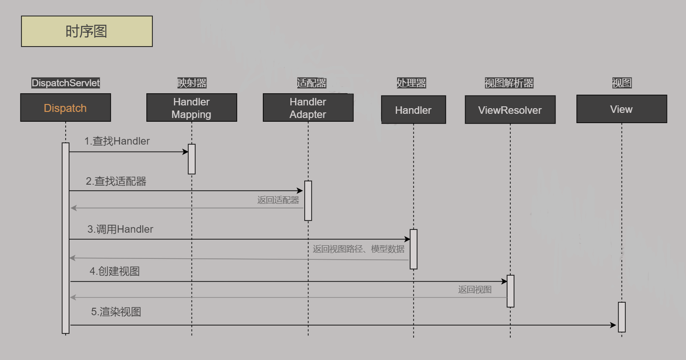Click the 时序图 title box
tap(87, 31)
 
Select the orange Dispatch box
tap(65, 108)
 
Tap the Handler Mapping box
tap(192, 108)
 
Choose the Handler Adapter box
tap(308, 108)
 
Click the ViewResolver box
tap(510, 110)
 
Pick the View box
tap(621, 109)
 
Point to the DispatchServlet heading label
tap(66, 83)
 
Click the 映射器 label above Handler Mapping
tap(192, 83)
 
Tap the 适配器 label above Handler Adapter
tap(312, 83)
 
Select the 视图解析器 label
tap(509, 83)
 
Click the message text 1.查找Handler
tap(117, 141)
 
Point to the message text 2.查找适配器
tap(116, 181)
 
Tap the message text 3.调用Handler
tap(120, 229)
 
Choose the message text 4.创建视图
tap(115, 271)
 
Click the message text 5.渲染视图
tap(116, 312)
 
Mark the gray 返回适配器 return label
tap(278, 200)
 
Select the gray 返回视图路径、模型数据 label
tap(358, 249)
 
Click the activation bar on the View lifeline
tap(622, 317)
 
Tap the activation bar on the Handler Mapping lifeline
tap(192, 159)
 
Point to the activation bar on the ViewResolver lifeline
tap(510, 291)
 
